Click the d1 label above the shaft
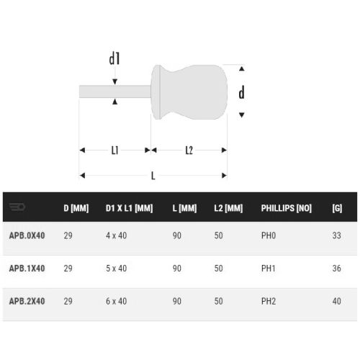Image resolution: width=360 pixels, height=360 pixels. (114, 59)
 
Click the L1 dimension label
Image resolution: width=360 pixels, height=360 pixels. (115, 150)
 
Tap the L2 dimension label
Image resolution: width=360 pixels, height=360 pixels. (189, 150)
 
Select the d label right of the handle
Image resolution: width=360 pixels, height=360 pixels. (241, 91)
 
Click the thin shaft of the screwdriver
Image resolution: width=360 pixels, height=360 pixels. (115, 91)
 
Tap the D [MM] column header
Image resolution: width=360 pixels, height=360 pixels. (76, 209)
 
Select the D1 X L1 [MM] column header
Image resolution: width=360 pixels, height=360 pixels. (129, 209)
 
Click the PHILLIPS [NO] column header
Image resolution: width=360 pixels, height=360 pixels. (286, 209)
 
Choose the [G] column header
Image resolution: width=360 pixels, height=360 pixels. (337, 209)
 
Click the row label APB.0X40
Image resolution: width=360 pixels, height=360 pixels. (27, 235)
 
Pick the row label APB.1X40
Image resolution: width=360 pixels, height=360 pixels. (27, 268)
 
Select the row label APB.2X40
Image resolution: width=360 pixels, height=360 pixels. (27, 301)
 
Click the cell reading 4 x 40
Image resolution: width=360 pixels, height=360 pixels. (116, 235)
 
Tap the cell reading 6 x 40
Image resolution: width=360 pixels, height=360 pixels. (116, 301)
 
